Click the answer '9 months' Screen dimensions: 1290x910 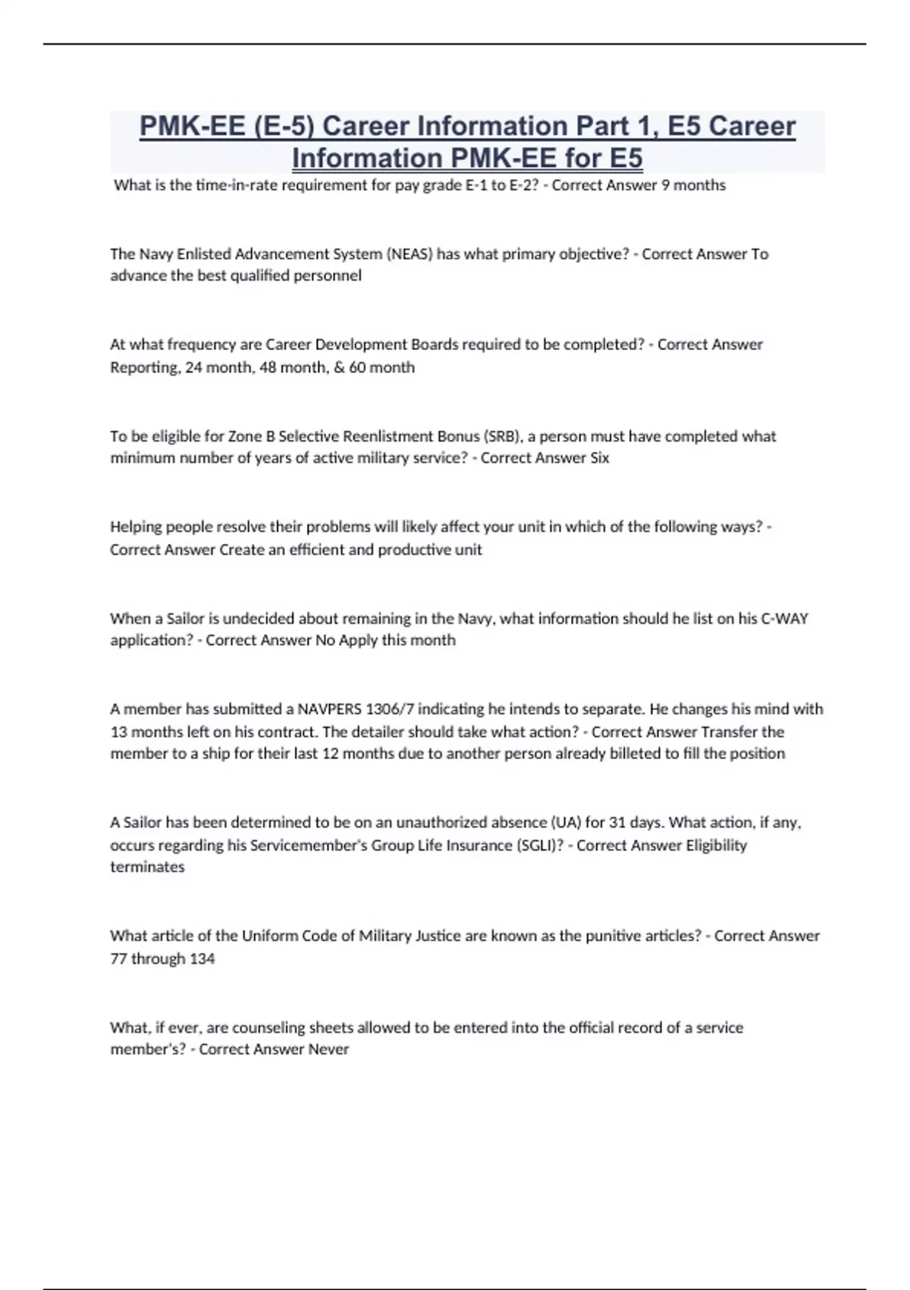click(693, 185)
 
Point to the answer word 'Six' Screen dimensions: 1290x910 click(599, 458)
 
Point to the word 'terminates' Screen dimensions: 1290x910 click(147, 867)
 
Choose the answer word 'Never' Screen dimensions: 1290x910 click(328, 1049)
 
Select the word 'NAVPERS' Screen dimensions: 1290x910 click(329, 709)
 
